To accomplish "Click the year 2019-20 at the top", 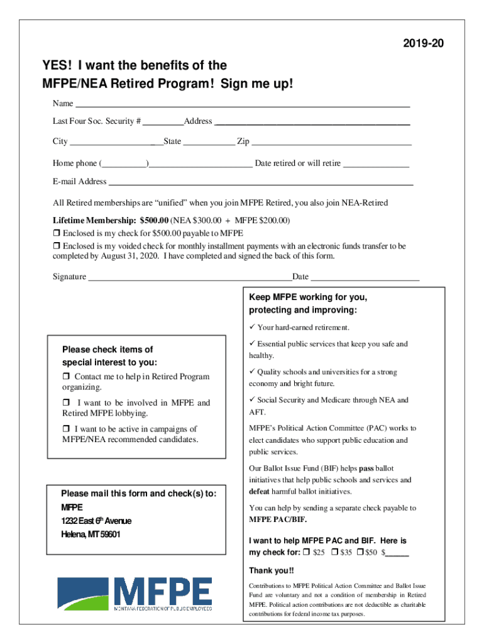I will [427, 43].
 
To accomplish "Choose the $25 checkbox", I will [306, 552].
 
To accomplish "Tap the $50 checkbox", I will [360, 552].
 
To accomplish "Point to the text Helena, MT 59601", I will [91, 535].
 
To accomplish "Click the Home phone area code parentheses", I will [124, 164].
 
